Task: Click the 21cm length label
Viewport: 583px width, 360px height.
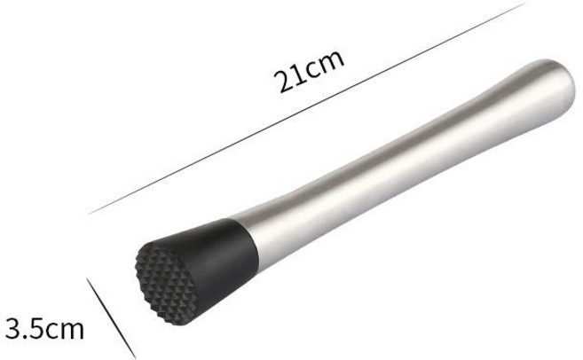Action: [309, 71]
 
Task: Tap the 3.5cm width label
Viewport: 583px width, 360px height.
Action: [44, 328]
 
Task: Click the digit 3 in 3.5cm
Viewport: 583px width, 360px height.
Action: [14, 328]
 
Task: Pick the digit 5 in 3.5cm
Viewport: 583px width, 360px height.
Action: [38, 329]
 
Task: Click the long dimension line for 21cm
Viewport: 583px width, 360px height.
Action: [307, 108]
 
